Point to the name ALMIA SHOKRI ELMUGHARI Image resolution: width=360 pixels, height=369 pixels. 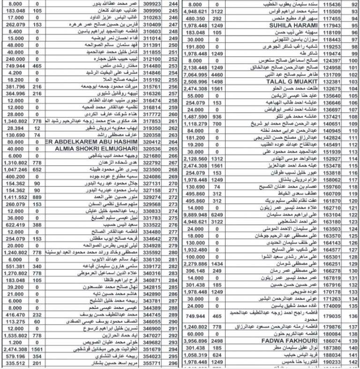97,148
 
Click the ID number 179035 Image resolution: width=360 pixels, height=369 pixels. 330,316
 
